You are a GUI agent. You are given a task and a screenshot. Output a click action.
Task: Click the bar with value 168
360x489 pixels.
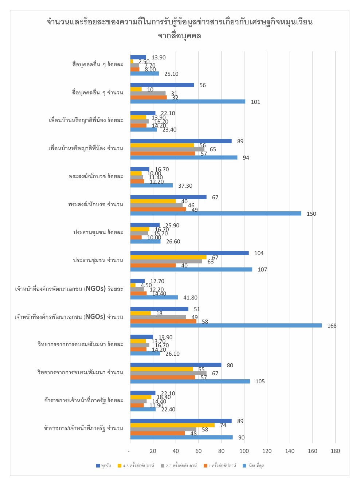click(x=226, y=325)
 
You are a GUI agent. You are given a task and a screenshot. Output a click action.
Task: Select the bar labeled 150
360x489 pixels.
click(x=216, y=214)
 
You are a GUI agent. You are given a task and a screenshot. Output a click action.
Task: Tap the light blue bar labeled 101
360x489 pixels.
click(x=188, y=102)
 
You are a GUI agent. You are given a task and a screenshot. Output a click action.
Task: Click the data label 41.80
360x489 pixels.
click(x=190, y=298)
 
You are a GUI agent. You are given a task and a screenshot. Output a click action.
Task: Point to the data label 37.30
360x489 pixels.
click(x=185, y=186)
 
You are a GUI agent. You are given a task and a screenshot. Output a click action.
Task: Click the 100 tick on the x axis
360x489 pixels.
click(x=244, y=451)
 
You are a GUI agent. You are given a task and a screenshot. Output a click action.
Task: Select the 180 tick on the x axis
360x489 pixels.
click(x=335, y=451)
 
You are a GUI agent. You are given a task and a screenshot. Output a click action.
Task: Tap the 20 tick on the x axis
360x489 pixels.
click(x=153, y=451)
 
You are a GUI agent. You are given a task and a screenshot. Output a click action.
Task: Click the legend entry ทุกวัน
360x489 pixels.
click(x=104, y=466)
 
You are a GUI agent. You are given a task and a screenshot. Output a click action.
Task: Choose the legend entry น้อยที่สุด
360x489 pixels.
click(x=254, y=466)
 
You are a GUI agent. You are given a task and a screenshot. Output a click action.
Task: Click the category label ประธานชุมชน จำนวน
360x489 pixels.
click(x=98, y=260)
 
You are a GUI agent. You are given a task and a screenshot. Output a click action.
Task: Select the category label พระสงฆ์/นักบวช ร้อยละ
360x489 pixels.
click(x=96, y=176)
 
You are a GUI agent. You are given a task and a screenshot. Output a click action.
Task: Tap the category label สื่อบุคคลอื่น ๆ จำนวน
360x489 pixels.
click(x=98, y=93)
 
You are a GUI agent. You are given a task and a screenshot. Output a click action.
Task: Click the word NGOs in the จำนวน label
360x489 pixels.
click(x=95, y=317)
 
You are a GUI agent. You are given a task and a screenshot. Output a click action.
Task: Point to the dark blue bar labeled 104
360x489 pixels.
click(x=189, y=253)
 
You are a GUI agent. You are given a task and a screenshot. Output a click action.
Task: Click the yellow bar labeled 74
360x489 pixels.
click(x=172, y=425)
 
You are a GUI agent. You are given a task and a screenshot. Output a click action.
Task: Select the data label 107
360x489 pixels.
click(x=262, y=270)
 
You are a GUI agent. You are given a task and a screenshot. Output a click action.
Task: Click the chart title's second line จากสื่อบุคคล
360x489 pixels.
click(x=180, y=36)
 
